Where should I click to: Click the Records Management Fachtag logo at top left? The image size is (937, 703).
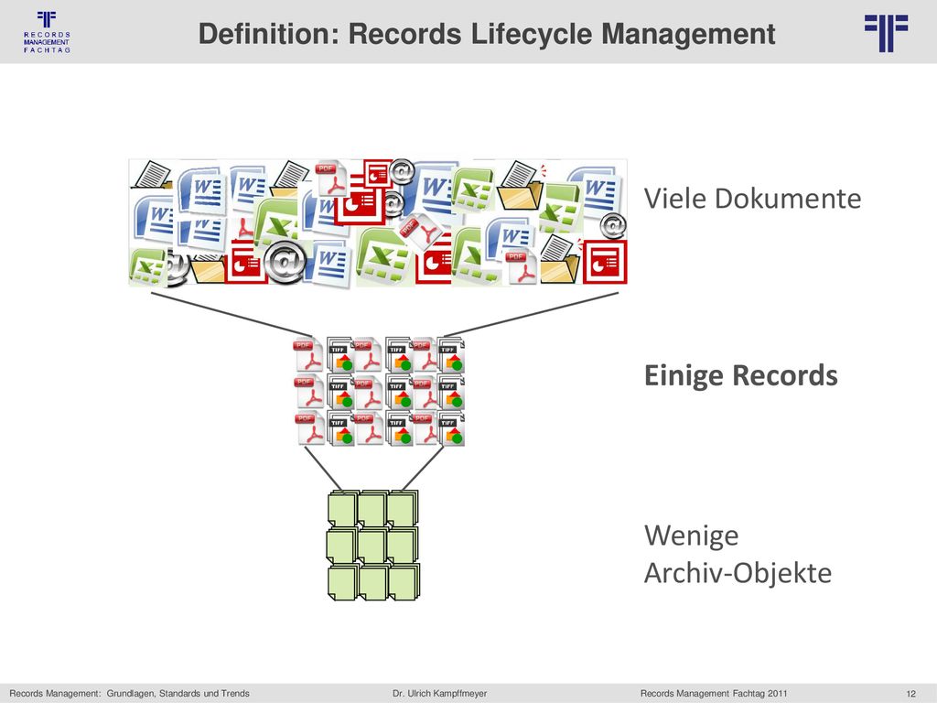point(47,32)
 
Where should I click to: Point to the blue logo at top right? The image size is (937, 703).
point(886,34)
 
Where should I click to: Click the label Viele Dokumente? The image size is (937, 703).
point(752,199)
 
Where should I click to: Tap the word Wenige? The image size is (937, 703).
point(692,536)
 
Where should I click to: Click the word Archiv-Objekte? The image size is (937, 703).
point(738,573)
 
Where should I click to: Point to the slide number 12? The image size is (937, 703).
point(910,694)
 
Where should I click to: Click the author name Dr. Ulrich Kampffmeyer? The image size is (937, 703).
point(440,694)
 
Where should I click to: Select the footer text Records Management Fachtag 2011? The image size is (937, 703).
point(714,694)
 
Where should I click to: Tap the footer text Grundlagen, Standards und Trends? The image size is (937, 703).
point(178,694)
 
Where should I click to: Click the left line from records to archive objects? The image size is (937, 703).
point(323,470)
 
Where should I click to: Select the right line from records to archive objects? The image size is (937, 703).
point(423,470)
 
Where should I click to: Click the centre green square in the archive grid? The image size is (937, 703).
point(372,546)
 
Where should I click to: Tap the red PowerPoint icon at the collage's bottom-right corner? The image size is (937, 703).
point(605,261)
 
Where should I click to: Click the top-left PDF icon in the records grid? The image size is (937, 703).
point(308,354)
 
